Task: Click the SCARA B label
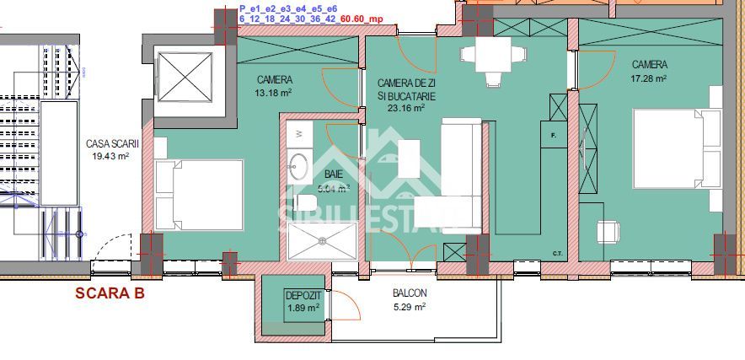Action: click(110, 293)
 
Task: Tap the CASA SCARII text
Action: click(111, 144)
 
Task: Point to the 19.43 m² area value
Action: click(111, 156)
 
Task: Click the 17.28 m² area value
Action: click(650, 78)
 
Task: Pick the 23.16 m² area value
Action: click(405, 107)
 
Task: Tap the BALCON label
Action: click(410, 294)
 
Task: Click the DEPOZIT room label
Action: click(303, 296)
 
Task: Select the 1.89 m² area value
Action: click(303, 308)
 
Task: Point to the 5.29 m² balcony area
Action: click(410, 306)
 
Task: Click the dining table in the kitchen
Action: click(482, 57)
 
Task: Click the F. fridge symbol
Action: click(555, 135)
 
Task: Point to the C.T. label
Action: click(558, 253)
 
